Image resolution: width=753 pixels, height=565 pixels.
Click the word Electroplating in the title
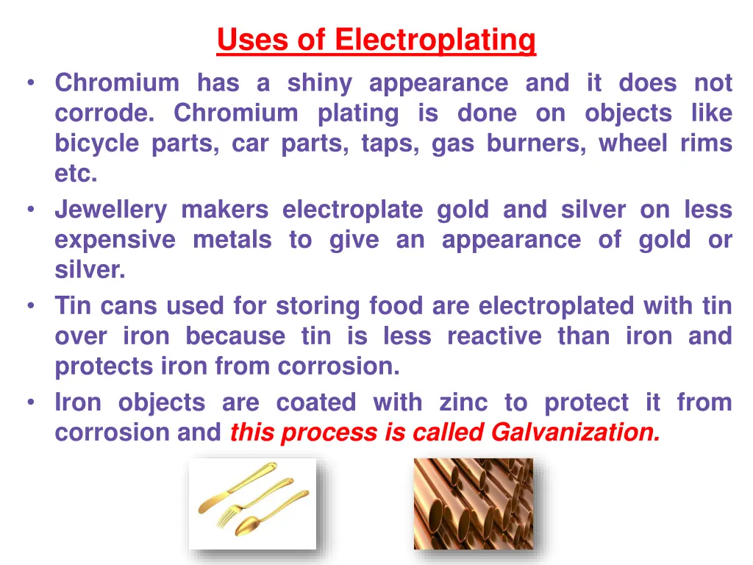click(x=435, y=40)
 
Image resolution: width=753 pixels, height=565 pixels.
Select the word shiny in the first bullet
click(x=319, y=83)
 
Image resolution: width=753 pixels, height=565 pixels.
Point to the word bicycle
click(x=96, y=143)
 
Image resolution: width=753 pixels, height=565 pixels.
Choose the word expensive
click(x=115, y=241)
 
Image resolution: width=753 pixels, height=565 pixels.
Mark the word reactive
click(x=494, y=336)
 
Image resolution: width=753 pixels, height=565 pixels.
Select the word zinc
click(x=463, y=402)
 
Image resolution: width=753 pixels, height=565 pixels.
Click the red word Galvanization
click(x=575, y=433)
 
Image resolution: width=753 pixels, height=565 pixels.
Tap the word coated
click(x=315, y=402)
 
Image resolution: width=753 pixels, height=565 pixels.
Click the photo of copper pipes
click(x=473, y=504)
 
